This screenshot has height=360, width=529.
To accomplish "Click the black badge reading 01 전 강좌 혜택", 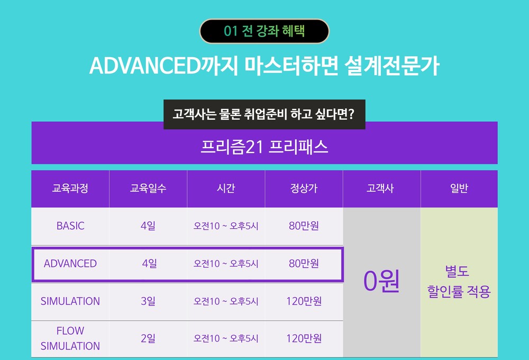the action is coord(264,31).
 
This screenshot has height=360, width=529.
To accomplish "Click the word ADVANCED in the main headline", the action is coord(145,66).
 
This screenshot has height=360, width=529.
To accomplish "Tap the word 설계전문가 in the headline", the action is coord(391,66).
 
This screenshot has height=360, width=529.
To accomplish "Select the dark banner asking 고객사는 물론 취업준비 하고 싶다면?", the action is coord(264,114).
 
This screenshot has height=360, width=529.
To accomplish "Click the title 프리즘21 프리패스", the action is coord(264,147).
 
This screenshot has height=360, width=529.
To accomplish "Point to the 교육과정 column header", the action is coord(70,188).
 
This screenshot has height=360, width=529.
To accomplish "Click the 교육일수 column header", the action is coord(148,188).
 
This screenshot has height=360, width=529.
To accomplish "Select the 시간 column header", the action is coord(226,188).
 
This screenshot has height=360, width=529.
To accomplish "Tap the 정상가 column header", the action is coord(304,188).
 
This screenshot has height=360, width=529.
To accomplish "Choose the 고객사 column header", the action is coord(380,188).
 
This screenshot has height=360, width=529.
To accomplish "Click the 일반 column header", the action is coord(459,188).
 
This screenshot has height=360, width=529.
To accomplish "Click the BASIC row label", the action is coord(70,226).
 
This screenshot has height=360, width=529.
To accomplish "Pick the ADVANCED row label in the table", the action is coord(70,264).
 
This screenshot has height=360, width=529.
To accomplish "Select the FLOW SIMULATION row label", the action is coord(70,338).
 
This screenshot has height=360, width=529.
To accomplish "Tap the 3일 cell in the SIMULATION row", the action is coord(148,301).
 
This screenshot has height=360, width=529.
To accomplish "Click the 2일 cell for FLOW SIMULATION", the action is coord(148,338).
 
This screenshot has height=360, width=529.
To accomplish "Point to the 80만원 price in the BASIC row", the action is coord(304,226).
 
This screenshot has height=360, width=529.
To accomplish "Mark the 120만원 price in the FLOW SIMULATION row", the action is coord(304,338).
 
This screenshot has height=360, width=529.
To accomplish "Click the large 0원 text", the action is coord(381,281).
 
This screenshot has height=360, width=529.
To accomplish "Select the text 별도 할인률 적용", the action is coord(459,282).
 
